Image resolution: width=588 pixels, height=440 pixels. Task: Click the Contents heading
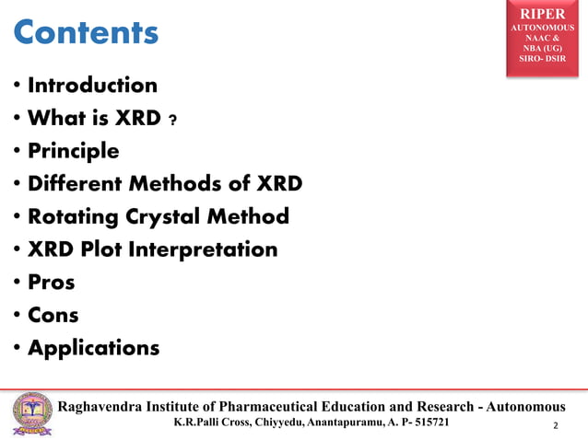point(86,33)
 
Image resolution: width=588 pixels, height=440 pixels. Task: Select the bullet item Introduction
point(92,86)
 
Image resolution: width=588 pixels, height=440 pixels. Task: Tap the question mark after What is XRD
point(172,121)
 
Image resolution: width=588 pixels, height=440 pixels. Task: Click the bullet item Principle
point(74,151)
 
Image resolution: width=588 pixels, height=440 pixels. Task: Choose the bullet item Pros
point(51,283)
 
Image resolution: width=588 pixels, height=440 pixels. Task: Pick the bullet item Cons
point(53,316)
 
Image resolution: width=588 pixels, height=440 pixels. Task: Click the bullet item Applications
point(93,349)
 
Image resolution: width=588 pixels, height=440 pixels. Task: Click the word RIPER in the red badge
point(543,14)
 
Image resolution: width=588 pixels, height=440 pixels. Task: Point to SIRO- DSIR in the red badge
point(543,59)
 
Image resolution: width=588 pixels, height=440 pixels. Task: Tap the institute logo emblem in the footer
point(32,415)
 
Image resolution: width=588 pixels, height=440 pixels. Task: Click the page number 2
point(556,426)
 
